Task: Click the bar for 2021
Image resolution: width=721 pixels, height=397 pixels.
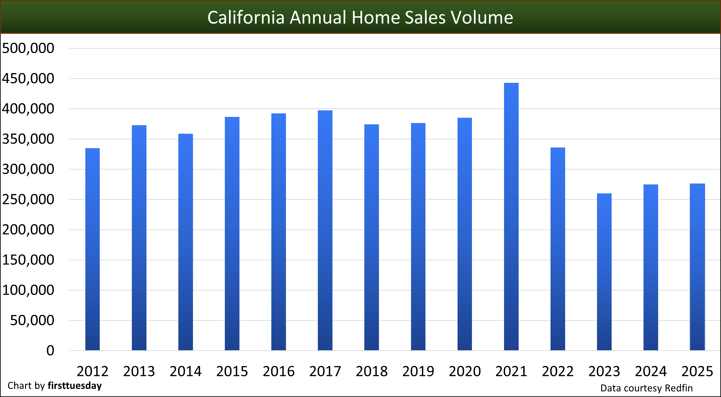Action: coord(511,216)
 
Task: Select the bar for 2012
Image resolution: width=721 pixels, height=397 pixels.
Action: coord(92,249)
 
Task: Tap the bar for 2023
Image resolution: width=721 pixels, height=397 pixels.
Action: coord(604,272)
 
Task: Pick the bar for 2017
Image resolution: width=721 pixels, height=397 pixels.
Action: coord(325,230)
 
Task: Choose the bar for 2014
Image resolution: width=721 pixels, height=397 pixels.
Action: coord(186,242)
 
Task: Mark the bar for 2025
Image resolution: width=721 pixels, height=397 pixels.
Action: coord(697,267)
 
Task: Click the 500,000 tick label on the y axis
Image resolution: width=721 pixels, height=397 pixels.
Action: coord(28,48)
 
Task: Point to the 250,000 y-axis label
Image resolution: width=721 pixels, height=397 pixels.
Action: coord(28,199)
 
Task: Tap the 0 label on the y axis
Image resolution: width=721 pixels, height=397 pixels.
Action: coord(50,350)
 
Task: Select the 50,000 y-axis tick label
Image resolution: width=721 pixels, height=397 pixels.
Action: coord(32,320)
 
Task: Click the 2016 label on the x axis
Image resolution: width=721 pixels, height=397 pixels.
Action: coord(279,371)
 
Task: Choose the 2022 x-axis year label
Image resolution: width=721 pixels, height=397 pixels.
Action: coord(558,371)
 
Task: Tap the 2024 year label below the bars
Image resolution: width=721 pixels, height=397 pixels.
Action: coord(651,371)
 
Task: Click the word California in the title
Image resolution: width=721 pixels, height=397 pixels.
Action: coord(246,17)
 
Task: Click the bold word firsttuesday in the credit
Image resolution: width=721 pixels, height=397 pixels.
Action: coord(75,386)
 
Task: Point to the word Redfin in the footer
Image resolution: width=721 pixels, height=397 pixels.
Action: coord(679,388)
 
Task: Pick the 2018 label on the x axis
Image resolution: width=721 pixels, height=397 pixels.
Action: coord(372,371)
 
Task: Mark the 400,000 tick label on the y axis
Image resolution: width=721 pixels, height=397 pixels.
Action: coord(28,109)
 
